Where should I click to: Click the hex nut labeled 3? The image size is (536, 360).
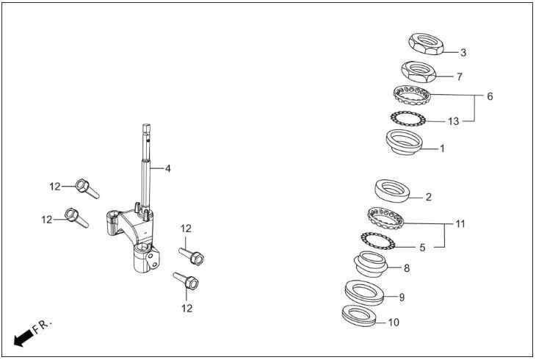click(x=427, y=44)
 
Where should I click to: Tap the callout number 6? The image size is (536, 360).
click(x=490, y=96)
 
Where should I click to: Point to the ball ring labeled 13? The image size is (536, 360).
click(x=408, y=119)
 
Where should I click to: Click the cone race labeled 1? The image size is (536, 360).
click(x=405, y=143)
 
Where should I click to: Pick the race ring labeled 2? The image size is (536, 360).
click(x=392, y=190)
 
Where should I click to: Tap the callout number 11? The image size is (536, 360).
click(x=460, y=224)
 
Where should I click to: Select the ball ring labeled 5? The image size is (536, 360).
click(x=378, y=240)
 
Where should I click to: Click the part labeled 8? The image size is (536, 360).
click(x=371, y=264)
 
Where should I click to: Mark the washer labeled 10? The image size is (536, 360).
click(x=359, y=315)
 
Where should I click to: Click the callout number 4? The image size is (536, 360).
click(x=167, y=168)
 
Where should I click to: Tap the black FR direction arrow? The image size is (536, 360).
click(x=23, y=338)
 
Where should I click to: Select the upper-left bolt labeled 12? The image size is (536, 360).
click(x=87, y=189)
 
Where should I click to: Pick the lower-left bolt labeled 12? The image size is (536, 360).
click(x=77, y=217)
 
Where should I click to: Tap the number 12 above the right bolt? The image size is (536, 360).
click(x=186, y=228)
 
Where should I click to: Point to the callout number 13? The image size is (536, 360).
click(x=454, y=121)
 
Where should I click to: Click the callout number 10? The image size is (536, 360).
click(x=394, y=323)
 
